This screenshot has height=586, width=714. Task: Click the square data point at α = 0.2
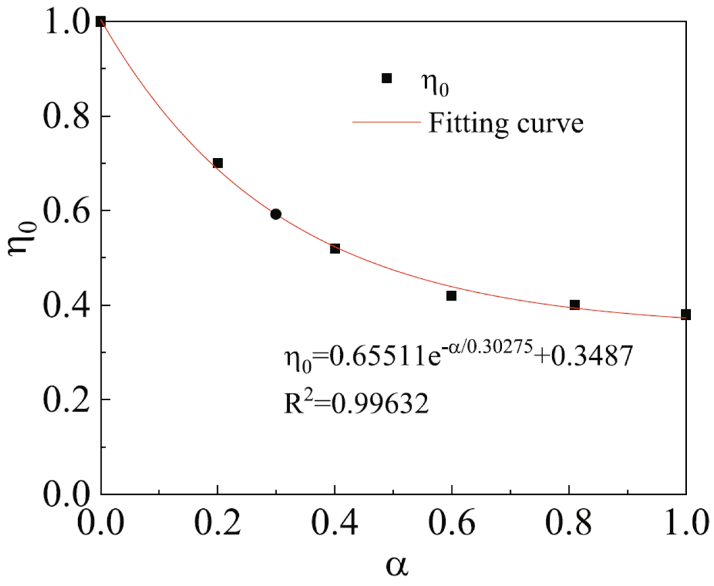[x=218, y=163]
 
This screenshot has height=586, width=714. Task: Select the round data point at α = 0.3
[x=276, y=214]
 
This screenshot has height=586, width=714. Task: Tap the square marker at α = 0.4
[x=334, y=249]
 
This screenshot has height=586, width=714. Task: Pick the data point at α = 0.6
[x=451, y=296]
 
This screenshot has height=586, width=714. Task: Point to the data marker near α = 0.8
[x=574, y=305]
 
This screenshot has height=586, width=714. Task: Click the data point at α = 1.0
[x=685, y=315]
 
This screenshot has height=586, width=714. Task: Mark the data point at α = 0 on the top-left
[x=101, y=22]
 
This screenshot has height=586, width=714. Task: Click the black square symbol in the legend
[x=386, y=78]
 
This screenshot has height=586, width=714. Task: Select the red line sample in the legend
[x=386, y=122]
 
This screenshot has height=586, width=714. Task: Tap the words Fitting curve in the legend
[x=506, y=123]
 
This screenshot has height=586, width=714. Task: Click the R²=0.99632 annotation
[x=356, y=404]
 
